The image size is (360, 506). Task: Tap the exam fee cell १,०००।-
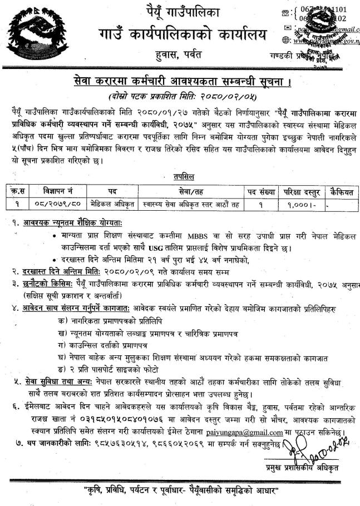pos(302,204)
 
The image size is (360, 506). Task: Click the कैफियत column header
pos(341,191)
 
